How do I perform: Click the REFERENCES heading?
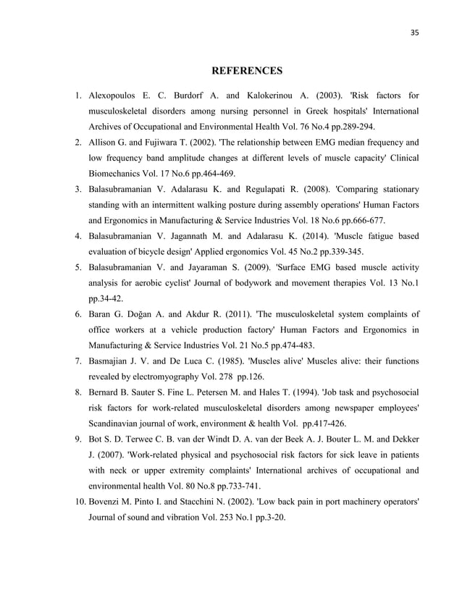[x=245, y=71]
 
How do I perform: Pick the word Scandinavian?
[x=118, y=424]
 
